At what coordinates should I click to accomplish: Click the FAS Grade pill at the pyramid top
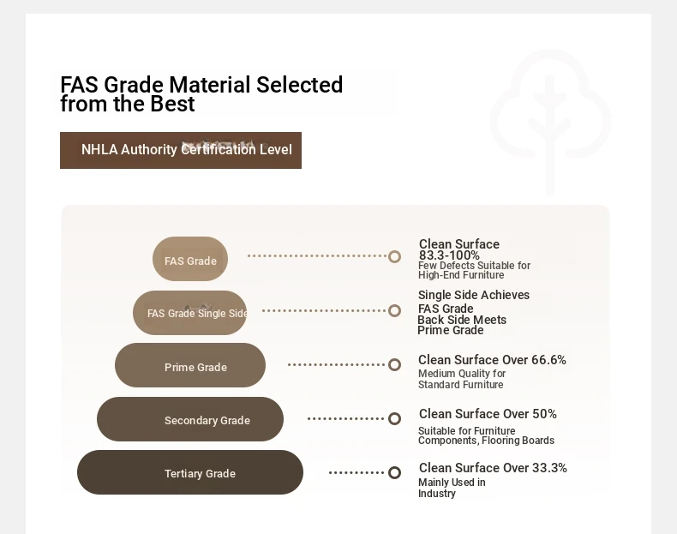[x=190, y=259]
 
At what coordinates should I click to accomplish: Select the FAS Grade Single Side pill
[x=190, y=313]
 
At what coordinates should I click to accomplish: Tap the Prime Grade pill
[x=190, y=365]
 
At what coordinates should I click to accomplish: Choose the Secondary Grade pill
[x=190, y=419]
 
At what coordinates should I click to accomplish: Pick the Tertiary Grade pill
[x=190, y=472]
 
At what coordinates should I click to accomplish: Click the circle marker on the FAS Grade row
[x=394, y=257]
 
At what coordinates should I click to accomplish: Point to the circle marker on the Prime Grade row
[x=394, y=365]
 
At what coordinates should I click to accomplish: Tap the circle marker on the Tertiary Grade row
[x=394, y=472]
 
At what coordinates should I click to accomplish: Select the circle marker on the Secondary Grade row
[x=394, y=419]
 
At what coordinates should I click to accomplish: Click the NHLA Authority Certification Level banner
[x=181, y=150]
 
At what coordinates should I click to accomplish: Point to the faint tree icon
[x=550, y=123]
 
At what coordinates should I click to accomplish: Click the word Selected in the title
[x=299, y=85]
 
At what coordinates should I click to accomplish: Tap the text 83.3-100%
[x=449, y=255]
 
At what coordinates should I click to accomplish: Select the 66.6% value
[x=548, y=360]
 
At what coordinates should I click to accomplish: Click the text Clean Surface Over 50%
[x=488, y=414]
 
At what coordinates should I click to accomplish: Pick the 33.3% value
[x=549, y=468]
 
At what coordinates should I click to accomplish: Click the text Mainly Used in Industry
[x=452, y=488]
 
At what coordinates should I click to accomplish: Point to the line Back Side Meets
[x=462, y=320]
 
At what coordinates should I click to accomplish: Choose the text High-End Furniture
[x=461, y=275]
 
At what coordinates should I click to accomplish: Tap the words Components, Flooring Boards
[x=486, y=441]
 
